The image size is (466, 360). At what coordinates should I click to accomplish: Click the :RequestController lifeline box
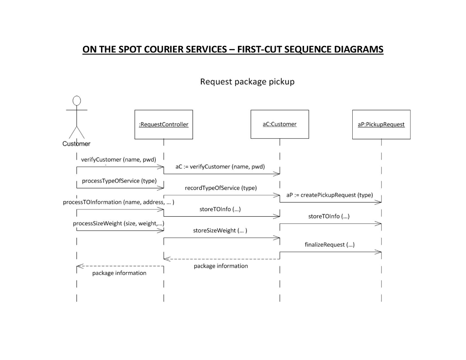pyautogui.click(x=163, y=124)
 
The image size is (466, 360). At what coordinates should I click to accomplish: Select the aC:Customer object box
pyautogui.click(x=279, y=124)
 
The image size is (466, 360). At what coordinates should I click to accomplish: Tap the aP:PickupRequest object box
pyautogui.click(x=381, y=124)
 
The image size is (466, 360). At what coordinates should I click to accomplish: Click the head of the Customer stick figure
pyautogui.click(x=77, y=101)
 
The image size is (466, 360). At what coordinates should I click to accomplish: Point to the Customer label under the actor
pyautogui.click(x=76, y=144)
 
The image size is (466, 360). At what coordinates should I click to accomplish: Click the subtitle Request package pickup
pyautogui.click(x=248, y=82)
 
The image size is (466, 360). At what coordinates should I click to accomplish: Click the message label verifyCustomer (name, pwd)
pyautogui.click(x=118, y=160)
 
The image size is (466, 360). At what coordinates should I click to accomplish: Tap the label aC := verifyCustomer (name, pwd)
pyautogui.click(x=220, y=167)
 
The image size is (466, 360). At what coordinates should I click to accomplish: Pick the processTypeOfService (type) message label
pyautogui.click(x=119, y=181)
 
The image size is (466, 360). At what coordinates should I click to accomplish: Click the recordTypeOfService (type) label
pyautogui.click(x=221, y=188)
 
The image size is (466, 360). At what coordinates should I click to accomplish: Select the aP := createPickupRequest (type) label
pyautogui.click(x=329, y=195)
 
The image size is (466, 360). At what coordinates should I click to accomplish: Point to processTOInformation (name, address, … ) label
pyautogui.click(x=118, y=202)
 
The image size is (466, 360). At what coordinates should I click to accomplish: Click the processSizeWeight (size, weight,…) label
pyautogui.click(x=118, y=223)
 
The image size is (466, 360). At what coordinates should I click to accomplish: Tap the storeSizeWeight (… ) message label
pyautogui.click(x=220, y=230)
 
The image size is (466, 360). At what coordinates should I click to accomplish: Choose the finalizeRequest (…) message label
pyautogui.click(x=329, y=244)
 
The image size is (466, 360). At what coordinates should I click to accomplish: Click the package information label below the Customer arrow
pyautogui.click(x=119, y=273)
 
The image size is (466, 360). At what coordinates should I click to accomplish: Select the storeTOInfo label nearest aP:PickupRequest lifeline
pyautogui.click(x=329, y=216)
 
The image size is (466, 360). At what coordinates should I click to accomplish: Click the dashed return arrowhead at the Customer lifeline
pyautogui.click(x=79, y=266)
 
